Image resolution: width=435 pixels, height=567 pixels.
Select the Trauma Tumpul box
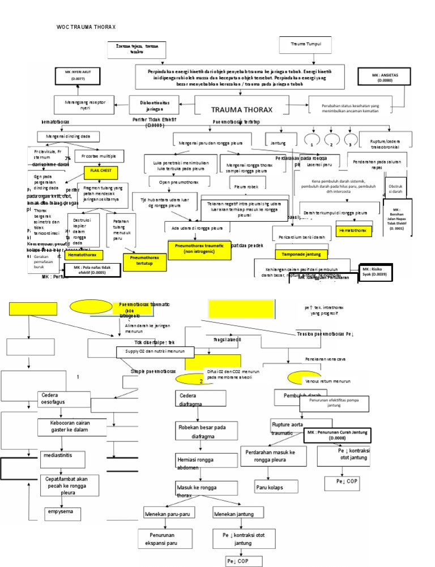click(x=305, y=44)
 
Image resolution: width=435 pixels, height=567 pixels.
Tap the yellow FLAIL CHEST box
click(x=100, y=170)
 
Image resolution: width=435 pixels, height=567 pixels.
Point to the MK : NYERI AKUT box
click(x=78, y=76)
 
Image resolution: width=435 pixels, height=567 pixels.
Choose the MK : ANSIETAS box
click(x=382, y=77)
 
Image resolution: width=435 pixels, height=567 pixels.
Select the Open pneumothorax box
click(x=173, y=182)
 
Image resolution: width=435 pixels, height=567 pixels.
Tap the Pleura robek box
click(x=244, y=185)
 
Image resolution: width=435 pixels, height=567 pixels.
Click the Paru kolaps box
click(x=269, y=487)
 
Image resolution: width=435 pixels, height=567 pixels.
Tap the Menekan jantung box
click(x=236, y=513)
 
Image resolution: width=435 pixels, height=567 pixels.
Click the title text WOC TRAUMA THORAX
click(x=86, y=27)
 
